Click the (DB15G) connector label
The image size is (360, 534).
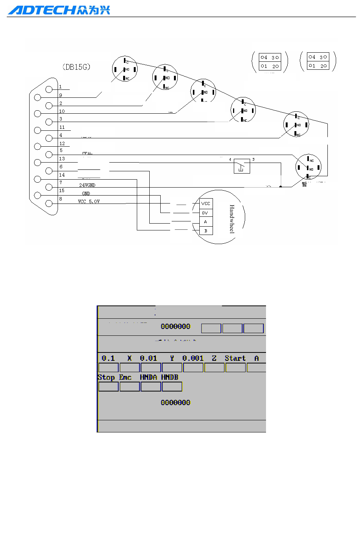click(x=76, y=67)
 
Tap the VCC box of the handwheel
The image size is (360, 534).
click(x=206, y=204)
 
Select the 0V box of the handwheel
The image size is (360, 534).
click(x=205, y=213)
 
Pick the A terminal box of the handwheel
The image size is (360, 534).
click(x=205, y=222)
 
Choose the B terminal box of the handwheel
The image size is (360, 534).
click(x=206, y=231)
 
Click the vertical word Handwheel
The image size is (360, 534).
click(x=232, y=219)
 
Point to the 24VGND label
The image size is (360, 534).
click(x=87, y=185)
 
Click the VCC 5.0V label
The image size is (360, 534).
click(x=89, y=202)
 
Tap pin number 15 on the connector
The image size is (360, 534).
click(x=62, y=191)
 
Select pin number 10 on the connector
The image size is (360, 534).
click(x=62, y=111)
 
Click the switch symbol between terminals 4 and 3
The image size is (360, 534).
click(x=241, y=166)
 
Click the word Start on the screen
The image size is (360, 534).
click(x=235, y=358)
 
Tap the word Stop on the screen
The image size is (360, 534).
click(x=106, y=377)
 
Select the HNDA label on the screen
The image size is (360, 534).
click(x=148, y=377)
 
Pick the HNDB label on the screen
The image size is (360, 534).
click(x=169, y=377)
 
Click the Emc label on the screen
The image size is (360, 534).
click(x=125, y=377)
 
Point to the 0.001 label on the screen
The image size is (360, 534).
click(x=193, y=358)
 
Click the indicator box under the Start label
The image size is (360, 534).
click(x=235, y=368)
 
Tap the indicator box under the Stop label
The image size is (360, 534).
click(x=108, y=387)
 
